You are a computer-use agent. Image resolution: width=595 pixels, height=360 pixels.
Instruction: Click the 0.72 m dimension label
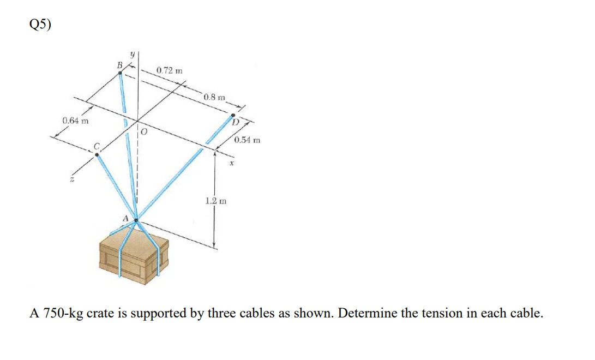(169, 71)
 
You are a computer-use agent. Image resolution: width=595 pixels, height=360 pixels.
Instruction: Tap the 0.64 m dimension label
(76, 120)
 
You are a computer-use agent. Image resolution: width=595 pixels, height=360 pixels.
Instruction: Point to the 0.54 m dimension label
(247, 140)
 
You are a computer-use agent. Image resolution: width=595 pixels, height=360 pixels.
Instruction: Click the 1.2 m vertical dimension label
(215, 201)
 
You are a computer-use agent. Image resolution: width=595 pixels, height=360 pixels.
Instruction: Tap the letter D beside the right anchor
(236, 122)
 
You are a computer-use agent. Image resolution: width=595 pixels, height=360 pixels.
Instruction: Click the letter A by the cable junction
(125, 218)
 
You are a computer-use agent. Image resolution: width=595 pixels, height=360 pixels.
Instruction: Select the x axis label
(231, 162)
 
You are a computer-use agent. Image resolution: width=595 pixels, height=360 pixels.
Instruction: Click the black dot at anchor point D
(233, 115)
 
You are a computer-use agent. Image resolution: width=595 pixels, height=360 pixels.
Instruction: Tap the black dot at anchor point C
(97, 154)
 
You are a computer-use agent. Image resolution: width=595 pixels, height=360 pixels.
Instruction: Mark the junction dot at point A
(136, 221)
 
